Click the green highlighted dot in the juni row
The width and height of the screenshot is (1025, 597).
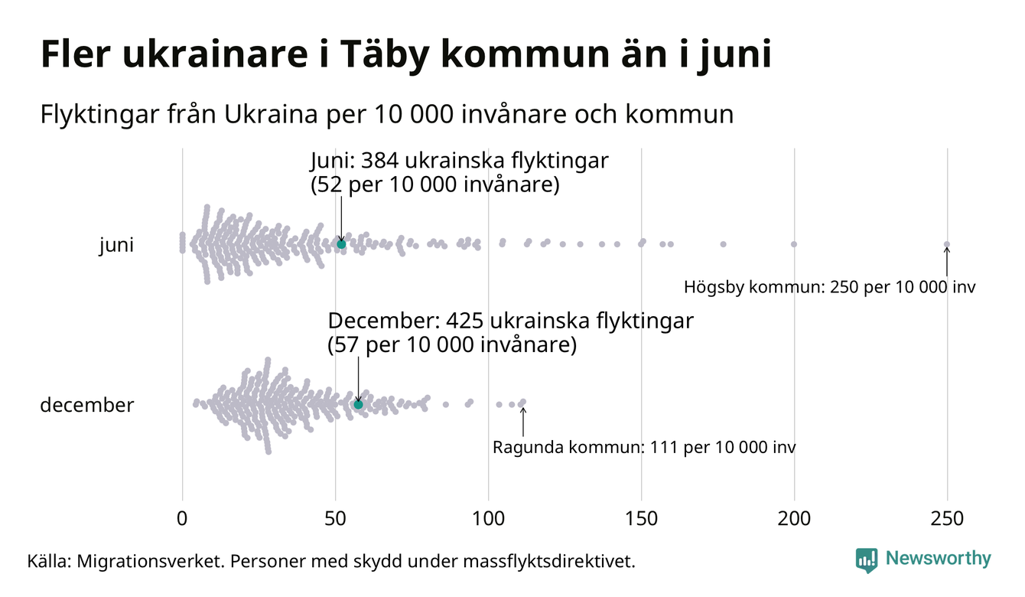point(341,244)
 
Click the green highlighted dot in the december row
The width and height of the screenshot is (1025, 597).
point(358,404)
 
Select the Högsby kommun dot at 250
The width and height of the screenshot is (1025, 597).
point(947,245)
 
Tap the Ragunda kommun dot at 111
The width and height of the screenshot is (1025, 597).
point(522,402)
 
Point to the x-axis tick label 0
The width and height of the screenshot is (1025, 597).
point(182,519)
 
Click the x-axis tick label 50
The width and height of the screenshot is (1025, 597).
point(335,519)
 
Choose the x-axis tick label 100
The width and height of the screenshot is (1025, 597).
point(488,519)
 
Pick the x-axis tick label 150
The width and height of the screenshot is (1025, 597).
point(641,519)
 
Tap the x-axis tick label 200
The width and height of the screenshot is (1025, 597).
point(794,519)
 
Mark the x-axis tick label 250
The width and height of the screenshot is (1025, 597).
point(947,519)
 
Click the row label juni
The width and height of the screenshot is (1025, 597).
point(116,246)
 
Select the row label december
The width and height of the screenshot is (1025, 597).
point(86,405)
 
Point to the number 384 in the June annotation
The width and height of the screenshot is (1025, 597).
point(378,161)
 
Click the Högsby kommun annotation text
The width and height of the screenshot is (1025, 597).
point(830,288)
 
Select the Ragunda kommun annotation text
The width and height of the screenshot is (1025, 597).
point(643,447)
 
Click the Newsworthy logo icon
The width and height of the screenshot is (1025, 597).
point(867,560)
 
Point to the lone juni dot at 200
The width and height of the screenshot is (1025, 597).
point(794,244)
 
